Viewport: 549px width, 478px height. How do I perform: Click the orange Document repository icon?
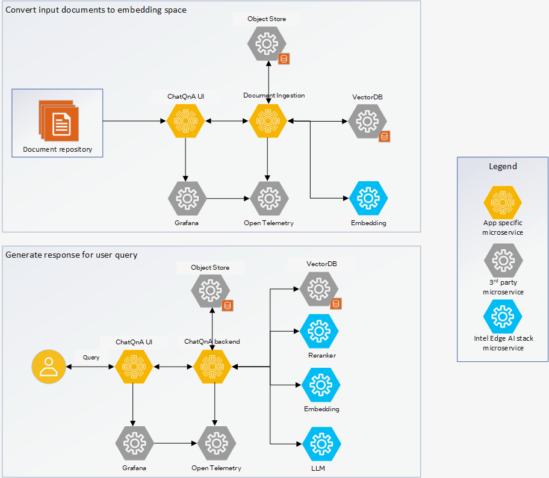point(58,121)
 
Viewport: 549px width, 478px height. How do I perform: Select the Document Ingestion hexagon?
point(267,121)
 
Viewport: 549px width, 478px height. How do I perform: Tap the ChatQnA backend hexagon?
point(212,366)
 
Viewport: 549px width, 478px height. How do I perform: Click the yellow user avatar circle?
point(49,367)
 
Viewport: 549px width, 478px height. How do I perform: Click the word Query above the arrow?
point(91,357)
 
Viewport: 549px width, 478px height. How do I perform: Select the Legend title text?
point(502,166)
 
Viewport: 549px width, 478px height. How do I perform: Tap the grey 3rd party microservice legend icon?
point(503,260)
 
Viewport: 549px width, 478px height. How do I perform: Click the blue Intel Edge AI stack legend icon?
point(503,316)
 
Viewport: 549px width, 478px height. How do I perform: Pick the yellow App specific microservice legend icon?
point(503,202)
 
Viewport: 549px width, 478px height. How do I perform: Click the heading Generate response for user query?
point(72,255)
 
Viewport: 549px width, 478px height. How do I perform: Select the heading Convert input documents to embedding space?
point(96,10)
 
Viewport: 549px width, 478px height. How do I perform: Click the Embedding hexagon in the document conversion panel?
point(368,197)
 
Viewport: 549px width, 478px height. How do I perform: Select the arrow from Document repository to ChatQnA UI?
point(134,121)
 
